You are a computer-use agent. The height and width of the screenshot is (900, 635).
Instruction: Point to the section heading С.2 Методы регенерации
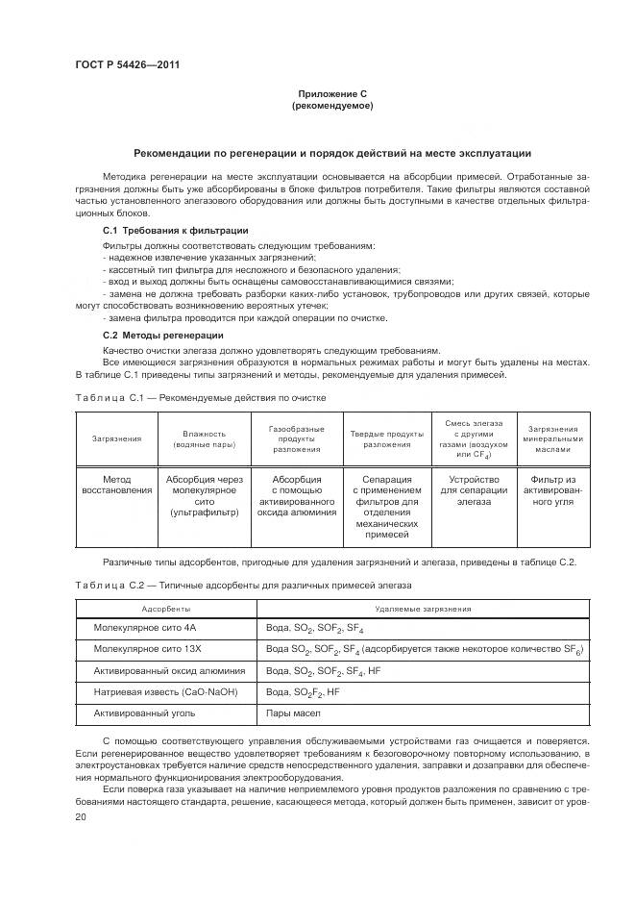coord(162,335)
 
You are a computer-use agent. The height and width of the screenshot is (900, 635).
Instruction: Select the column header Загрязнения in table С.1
coord(116,438)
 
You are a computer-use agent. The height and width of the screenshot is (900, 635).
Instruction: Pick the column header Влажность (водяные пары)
coord(205,438)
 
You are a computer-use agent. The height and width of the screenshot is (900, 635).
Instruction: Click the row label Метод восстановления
coord(116,484)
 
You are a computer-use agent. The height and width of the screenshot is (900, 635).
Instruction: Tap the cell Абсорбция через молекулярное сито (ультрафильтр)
coord(205,495)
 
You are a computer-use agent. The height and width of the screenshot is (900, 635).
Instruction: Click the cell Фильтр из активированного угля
coord(550,489)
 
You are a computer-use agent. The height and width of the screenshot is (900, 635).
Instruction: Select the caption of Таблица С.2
coord(242,585)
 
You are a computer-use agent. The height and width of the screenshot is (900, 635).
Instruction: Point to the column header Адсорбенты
coord(165,610)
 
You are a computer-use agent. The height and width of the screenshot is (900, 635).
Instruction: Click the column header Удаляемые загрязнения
coord(423,610)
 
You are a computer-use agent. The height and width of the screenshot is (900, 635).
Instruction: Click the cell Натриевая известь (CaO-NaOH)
coord(164,692)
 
